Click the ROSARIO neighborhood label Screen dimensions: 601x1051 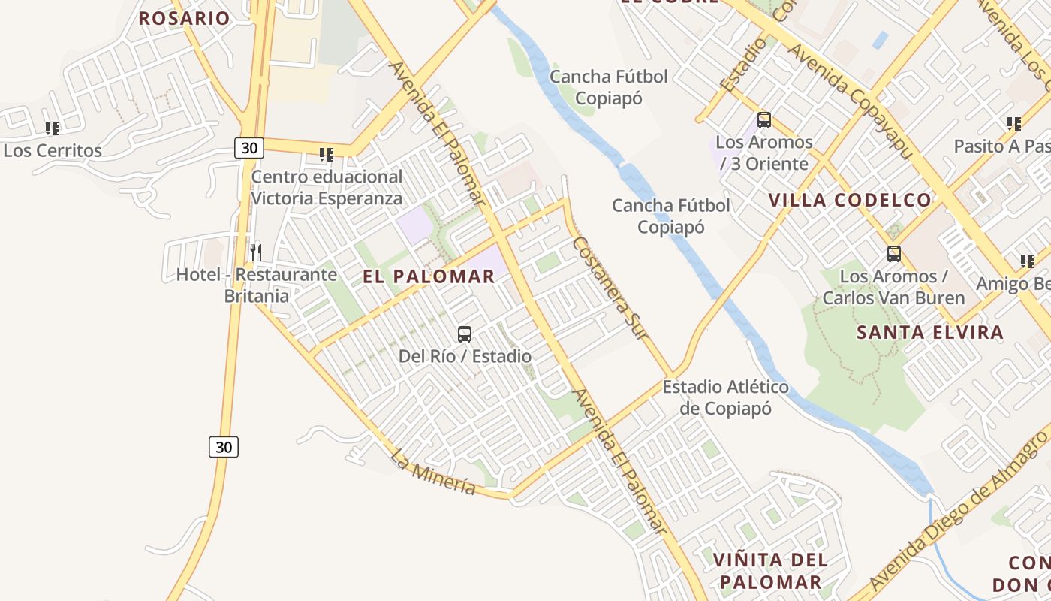click(x=184, y=18)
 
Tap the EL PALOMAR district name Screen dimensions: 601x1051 click(x=429, y=276)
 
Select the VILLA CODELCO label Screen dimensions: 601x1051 click(x=850, y=200)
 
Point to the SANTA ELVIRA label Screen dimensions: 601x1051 click(x=930, y=332)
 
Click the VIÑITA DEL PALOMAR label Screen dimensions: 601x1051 click(x=771, y=571)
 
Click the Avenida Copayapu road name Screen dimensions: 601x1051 click(x=849, y=101)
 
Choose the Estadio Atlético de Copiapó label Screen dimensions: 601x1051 click(x=725, y=397)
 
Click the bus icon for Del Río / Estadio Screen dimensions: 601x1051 click(x=465, y=334)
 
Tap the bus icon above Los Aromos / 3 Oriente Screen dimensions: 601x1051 click(x=764, y=120)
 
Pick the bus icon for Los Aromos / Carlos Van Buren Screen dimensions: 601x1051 click(x=893, y=254)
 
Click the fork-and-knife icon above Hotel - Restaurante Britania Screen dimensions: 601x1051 click(x=256, y=252)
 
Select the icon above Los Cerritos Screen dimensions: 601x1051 click(x=52, y=128)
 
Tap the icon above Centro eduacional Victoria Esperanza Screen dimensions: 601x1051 click(x=327, y=155)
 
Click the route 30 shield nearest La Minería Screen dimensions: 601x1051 click(x=224, y=447)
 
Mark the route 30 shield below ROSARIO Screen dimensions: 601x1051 click(x=249, y=148)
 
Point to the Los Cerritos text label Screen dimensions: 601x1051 click(x=53, y=150)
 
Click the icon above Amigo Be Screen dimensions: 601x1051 click(x=1027, y=261)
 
